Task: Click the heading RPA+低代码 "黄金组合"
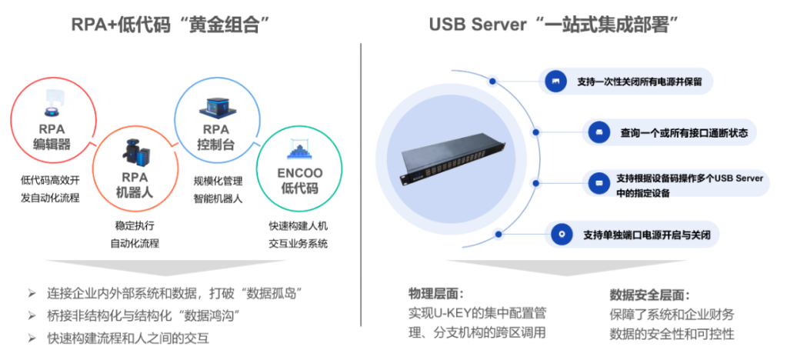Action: (x=174, y=25)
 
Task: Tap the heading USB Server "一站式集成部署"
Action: (x=558, y=25)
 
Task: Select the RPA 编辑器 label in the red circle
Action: (x=52, y=137)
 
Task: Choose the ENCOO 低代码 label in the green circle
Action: (x=297, y=182)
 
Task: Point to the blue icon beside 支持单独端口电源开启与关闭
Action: (x=562, y=234)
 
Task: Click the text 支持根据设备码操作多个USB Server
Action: (x=689, y=178)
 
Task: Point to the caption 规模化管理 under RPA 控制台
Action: (x=218, y=182)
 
